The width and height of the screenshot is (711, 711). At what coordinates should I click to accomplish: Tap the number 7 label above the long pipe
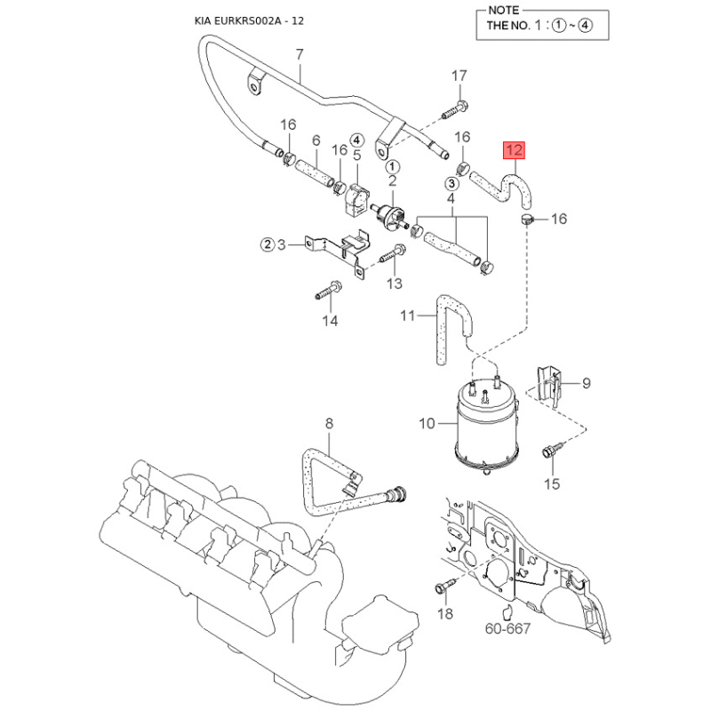pos(300,55)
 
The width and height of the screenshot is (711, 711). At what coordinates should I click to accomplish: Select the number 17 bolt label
pos(459,76)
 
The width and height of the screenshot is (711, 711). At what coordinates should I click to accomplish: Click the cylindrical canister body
pos(483,427)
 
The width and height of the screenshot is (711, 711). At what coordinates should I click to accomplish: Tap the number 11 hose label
pos(408,316)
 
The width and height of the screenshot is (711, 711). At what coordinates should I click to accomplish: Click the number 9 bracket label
pos(586,383)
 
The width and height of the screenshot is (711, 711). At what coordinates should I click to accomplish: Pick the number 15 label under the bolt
pos(552,483)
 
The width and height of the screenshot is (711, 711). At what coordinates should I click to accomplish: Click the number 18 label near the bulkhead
pos(445,613)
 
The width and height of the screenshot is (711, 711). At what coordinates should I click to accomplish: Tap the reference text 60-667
pos(508,629)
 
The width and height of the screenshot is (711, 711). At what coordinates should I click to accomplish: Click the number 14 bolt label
pos(330,320)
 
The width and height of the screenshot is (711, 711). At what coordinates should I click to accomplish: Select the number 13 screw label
pos(394,283)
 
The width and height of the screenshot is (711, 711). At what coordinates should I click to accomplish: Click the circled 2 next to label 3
pos(267,244)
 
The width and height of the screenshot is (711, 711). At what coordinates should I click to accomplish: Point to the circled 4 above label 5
pos(356,140)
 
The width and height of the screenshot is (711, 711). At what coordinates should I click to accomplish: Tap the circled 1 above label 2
pos(392,166)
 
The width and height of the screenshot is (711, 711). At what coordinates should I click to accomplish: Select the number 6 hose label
pos(316,140)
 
